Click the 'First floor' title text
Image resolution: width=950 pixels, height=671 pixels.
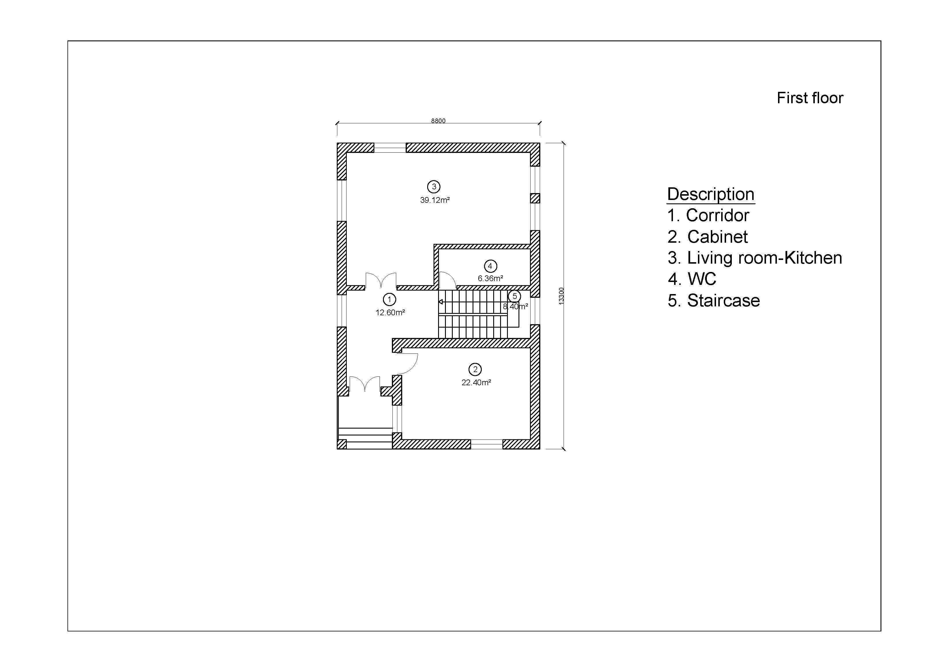click(x=809, y=98)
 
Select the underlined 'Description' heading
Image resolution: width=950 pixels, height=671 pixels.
click(x=711, y=194)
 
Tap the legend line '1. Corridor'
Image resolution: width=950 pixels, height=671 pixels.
click(x=708, y=215)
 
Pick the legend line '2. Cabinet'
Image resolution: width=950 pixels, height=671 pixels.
click(x=707, y=237)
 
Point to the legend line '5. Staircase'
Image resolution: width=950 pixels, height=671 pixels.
click(x=713, y=301)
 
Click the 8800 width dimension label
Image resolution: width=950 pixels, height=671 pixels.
click(x=438, y=121)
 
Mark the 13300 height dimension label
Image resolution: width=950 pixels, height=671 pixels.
click(x=561, y=296)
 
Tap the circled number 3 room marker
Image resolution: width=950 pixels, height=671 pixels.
click(x=434, y=187)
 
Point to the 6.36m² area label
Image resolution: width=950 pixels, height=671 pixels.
click(x=490, y=278)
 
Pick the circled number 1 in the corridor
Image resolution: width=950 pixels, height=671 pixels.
click(x=389, y=299)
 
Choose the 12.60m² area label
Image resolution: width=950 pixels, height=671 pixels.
click(x=390, y=313)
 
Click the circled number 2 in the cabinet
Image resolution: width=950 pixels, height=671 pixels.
click(x=475, y=369)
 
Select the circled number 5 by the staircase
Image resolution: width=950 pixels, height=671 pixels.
click(x=515, y=296)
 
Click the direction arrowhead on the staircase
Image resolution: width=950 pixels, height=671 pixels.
click(x=441, y=302)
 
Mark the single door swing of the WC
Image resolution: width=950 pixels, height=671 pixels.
click(x=448, y=279)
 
